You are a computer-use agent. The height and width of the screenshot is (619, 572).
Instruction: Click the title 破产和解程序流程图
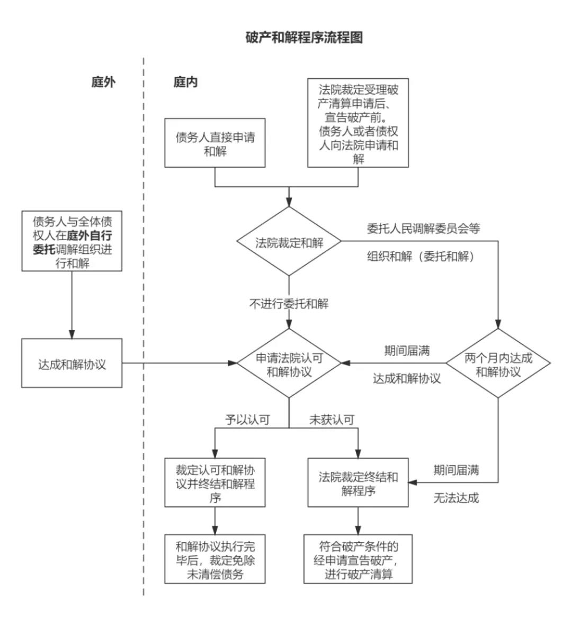click(304, 38)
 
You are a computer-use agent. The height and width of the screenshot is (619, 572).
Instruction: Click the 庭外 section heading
click(103, 82)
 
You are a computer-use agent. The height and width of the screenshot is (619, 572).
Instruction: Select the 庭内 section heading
click(185, 82)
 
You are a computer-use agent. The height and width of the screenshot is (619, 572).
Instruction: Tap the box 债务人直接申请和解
click(215, 143)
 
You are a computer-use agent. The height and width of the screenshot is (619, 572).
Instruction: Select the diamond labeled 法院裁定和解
click(289, 243)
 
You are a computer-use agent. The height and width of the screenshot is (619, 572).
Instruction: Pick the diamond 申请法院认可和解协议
click(289, 364)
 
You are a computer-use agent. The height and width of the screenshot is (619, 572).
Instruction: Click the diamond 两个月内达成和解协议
click(498, 364)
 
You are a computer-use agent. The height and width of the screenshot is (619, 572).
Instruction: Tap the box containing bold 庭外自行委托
click(72, 241)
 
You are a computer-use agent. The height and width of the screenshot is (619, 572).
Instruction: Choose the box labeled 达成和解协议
click(72, 364)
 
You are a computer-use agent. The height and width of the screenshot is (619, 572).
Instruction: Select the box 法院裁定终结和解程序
click(358, 483)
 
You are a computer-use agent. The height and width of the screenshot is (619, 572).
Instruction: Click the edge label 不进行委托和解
click(289, 304)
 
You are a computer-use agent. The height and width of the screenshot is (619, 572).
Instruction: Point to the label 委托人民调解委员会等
click(424, 229)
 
